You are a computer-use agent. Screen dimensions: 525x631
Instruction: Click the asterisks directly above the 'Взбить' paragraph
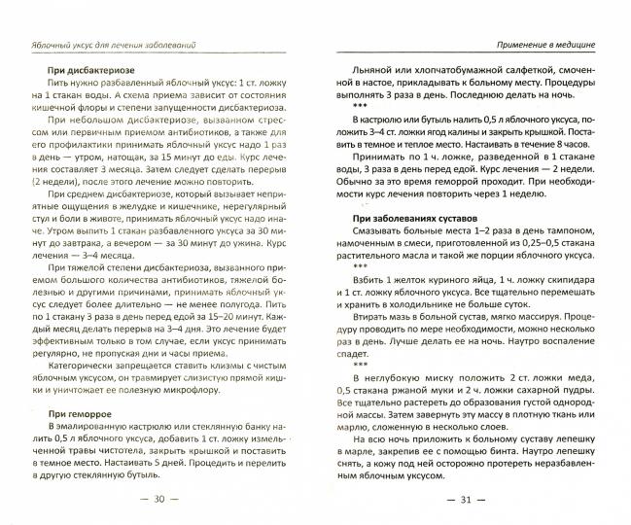[360, 263]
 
